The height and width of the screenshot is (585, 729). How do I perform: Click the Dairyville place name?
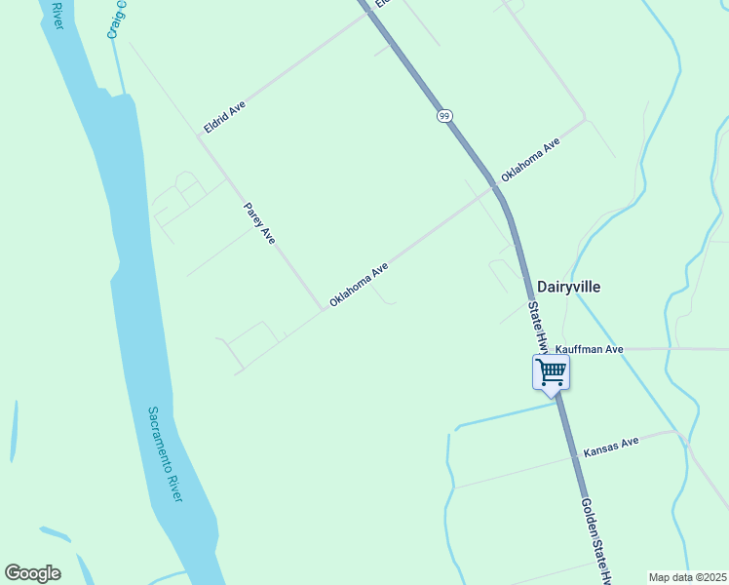coord(568,287)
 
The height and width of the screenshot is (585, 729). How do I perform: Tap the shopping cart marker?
coord(552,372)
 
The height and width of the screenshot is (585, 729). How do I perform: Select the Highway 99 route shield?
coord(444,116)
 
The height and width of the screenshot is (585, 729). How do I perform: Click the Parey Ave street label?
coord(260,223)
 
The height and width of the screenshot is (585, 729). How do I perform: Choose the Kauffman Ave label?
coord(589,348)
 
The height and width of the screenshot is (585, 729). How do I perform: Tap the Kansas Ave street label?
coord(611,448)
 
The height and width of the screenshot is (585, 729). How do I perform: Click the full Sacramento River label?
coord(166,454)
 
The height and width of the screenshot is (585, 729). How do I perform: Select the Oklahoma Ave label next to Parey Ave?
coord(359,284)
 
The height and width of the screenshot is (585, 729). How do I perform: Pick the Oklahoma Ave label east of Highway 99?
coord(531,160)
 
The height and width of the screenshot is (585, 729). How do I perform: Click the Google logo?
coord(32,573)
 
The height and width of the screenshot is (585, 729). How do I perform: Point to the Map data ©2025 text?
coord(688,577)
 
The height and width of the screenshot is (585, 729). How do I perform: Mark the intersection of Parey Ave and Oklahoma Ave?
coord(324,310)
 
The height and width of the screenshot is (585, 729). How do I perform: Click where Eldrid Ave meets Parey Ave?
coord(199,136)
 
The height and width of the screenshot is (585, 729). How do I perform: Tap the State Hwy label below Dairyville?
coord(537,327)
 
